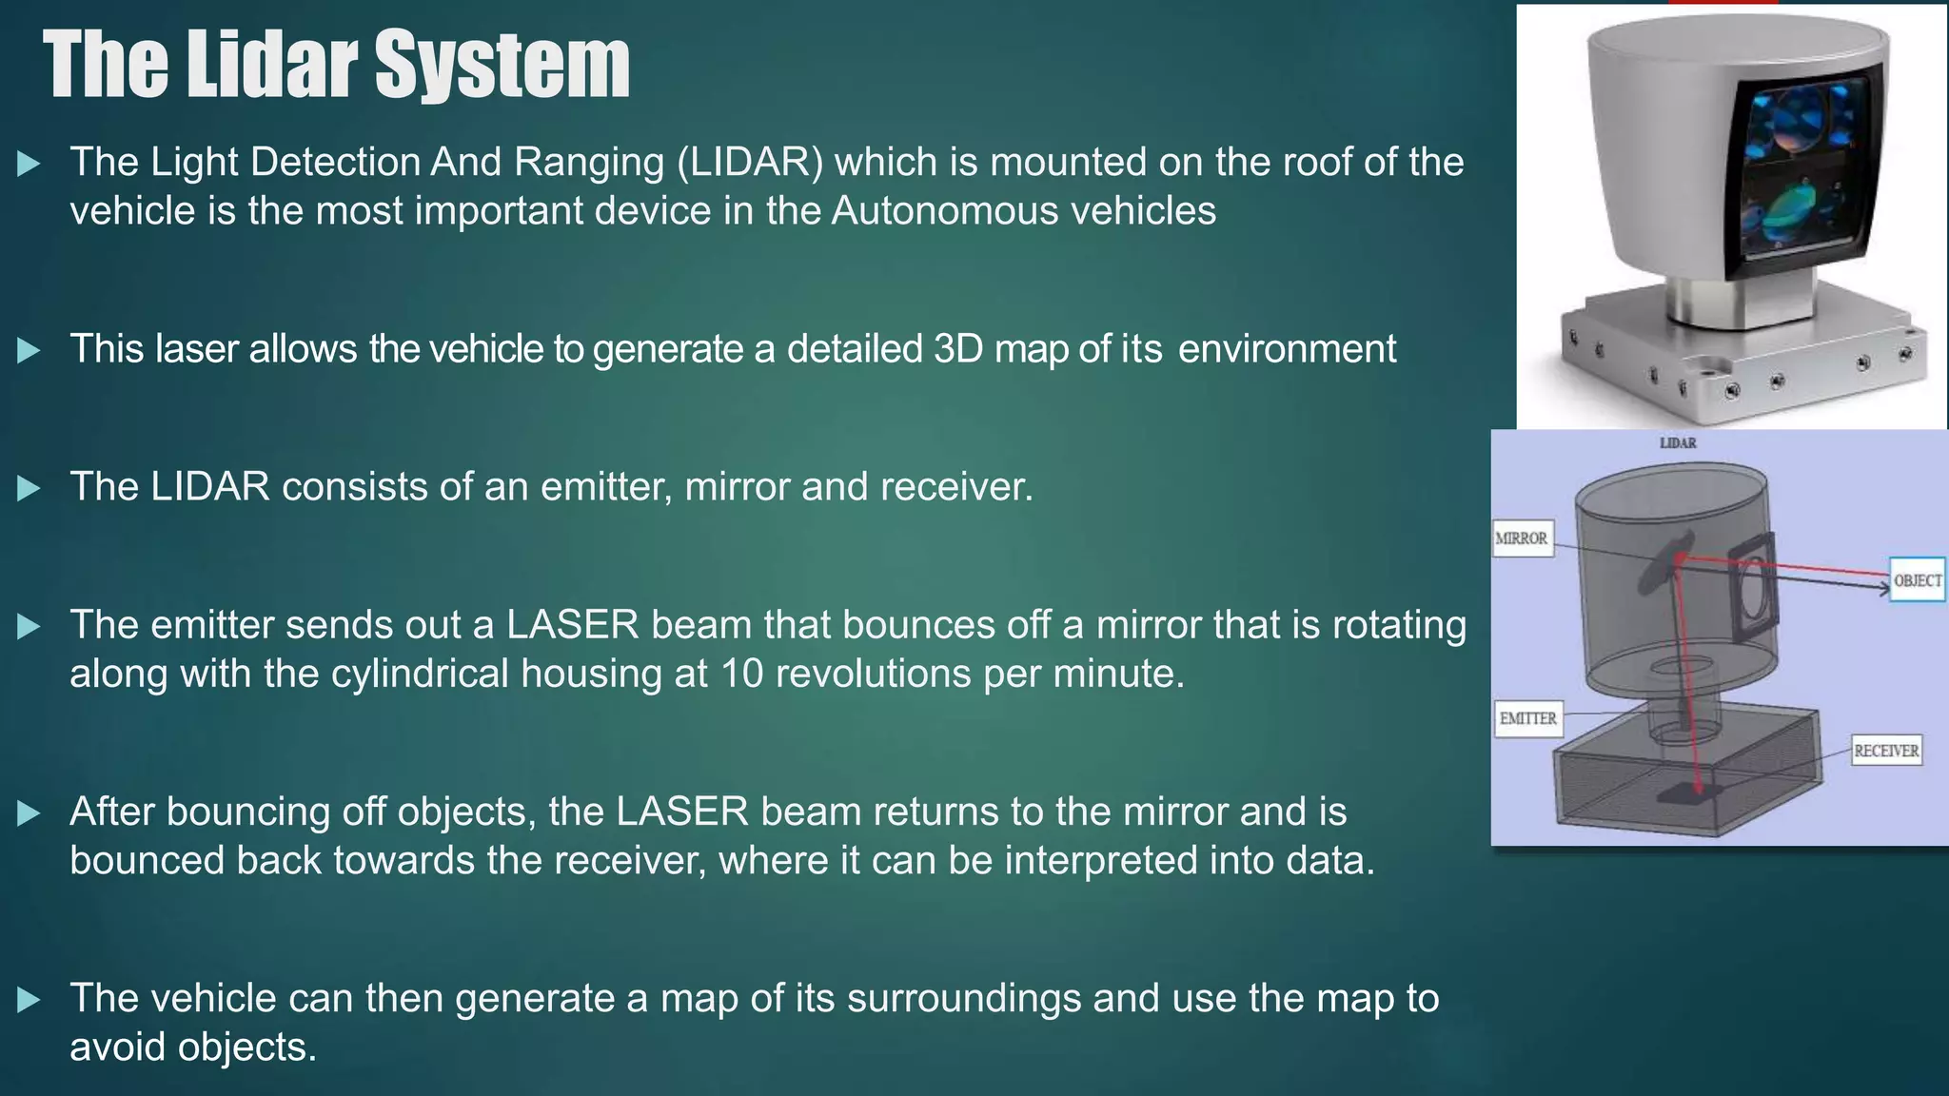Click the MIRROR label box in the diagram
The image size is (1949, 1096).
pyautogui.click(x=1522, y=538)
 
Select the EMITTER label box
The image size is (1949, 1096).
pyautogui.click(x=1527, y=718)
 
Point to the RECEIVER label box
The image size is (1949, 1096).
pyautogui.click(x=1885, y=751)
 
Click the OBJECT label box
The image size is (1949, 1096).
pyautogui.click(x=1917, y=580)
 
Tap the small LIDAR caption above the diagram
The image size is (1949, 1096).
pyautogui.click(x=1678, y=443)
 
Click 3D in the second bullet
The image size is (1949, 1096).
pyautogui.click(x=957, y=349)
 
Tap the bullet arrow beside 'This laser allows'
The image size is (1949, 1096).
pyautogui.click(x=30, y=351)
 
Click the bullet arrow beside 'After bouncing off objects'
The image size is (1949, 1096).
pyautogui.click(x=30, y=813)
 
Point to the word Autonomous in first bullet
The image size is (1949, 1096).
pyautogui.click(x=944, y=210)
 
